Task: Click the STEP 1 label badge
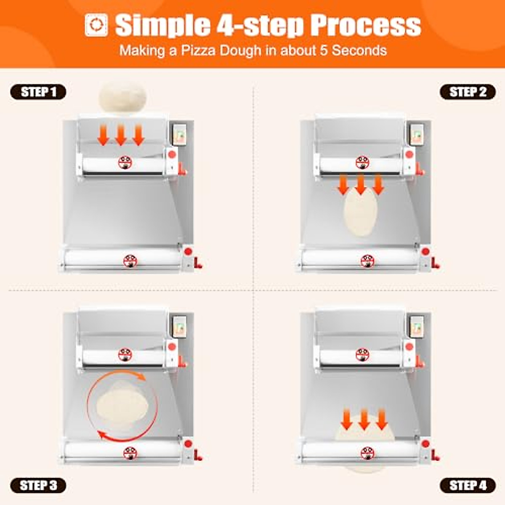pyautogui.click(x=38, y=92)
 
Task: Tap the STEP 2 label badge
pyautogui.click(x=468, y=92)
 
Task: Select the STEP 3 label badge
pyautogui.click(x=38, y=485)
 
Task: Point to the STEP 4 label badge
pyautogui.click(x=468, y=485)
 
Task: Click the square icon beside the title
pyautogui.click(x=96, y=25)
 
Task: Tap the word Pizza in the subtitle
pyautogui.click(x=197, y=50)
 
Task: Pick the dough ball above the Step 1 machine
pyautogui.click(x=122, y=98)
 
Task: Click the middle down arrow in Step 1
pyautogui.click(x=121, y=136)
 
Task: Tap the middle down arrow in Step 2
pyautogui.click(x=360, y=184)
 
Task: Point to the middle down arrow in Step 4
pyautogui.click(x=364, y=419)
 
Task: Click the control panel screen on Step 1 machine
pyautogui.click(x=179, y=135)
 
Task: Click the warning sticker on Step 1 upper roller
pyautogui.click(x=125, y=162)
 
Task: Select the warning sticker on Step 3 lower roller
pyautogui.click(x=130, y=453)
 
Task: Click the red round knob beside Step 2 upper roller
pyautogui.click(x=409, y=154)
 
